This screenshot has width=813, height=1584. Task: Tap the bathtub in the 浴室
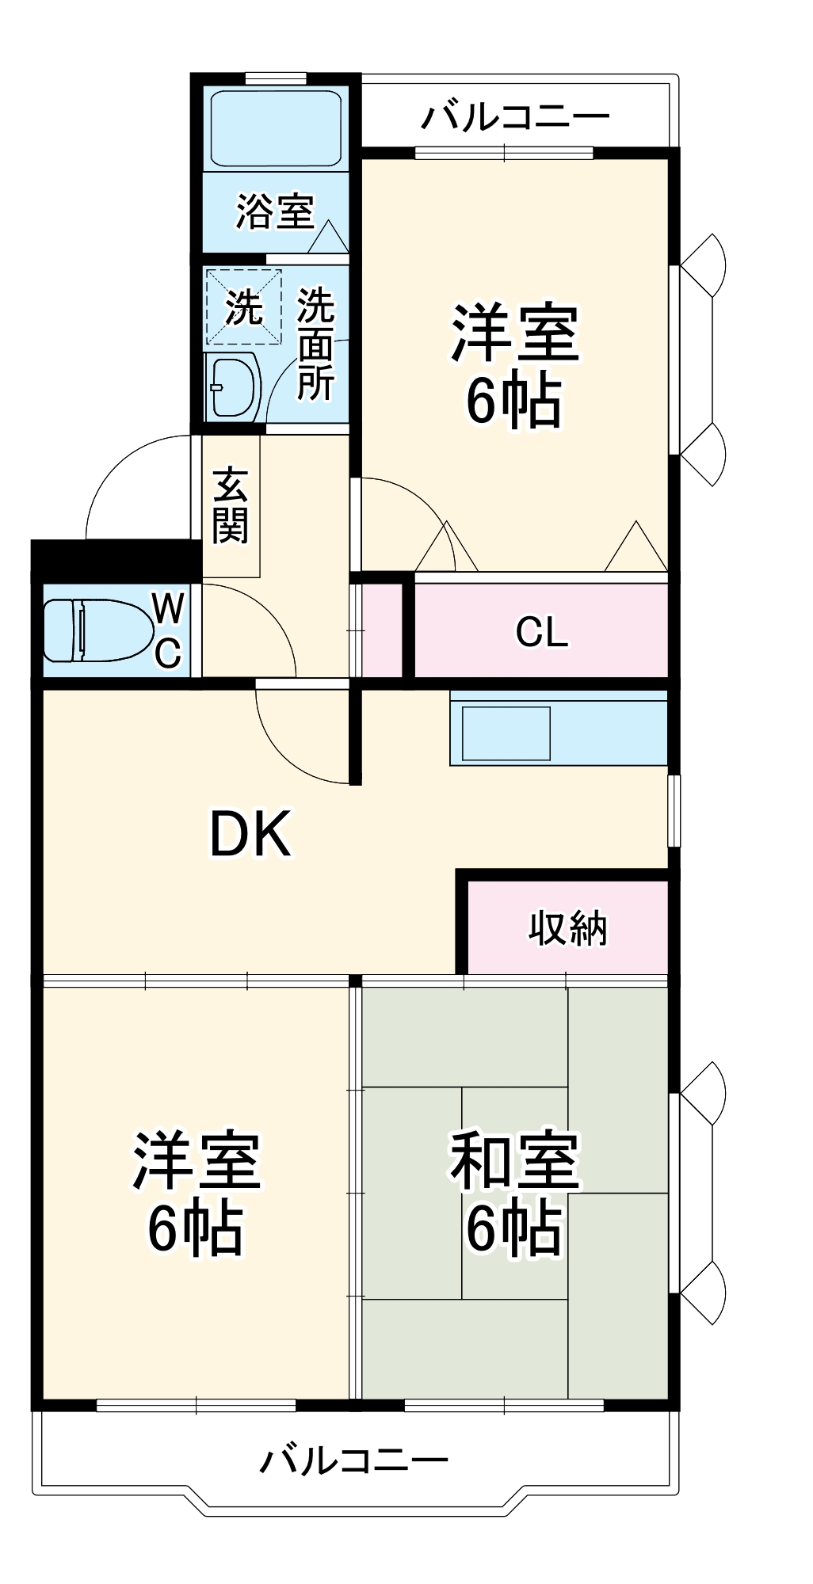point(276,128)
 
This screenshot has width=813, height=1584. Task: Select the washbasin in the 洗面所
point(234,387)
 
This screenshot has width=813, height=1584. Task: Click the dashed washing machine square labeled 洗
point(243,307)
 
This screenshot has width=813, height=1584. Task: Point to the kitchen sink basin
point(506,733)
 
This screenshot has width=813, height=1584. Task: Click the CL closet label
point(541,632)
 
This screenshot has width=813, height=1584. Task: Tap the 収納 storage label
point(567,927)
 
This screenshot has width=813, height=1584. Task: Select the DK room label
point(250,834)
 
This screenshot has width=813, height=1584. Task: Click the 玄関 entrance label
point(231,507)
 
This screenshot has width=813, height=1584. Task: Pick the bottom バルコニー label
point(355,1460)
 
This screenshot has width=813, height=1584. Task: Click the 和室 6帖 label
point(515,1194)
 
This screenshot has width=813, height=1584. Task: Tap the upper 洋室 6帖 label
point(515,366)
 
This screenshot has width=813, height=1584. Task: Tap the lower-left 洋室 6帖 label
point(196,1194)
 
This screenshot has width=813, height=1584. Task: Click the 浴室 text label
point(275,211)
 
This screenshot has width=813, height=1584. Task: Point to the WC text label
point(168,630)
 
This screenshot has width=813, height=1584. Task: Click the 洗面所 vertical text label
point(315,345)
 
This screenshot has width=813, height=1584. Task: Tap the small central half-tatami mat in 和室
point(514,1140)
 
